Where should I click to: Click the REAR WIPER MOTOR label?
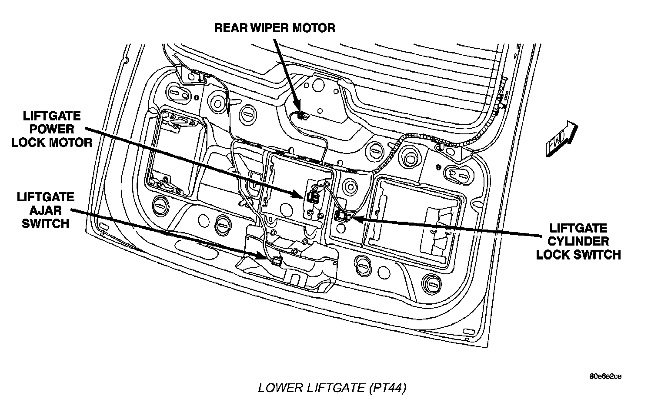[x=275, y=28]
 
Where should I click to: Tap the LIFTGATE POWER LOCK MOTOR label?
[x=52, y=129]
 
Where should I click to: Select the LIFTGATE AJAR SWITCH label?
[x=45, y=210]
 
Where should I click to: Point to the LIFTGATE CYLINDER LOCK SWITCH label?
[x=578, y=241]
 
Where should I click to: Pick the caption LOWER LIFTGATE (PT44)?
[x=333, y=387]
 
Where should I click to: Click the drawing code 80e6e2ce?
[x=605, y=376]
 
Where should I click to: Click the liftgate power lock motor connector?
[x=312, y=196]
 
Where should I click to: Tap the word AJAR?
[x=45, y=210]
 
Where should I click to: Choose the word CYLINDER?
[x=578, y=241]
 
